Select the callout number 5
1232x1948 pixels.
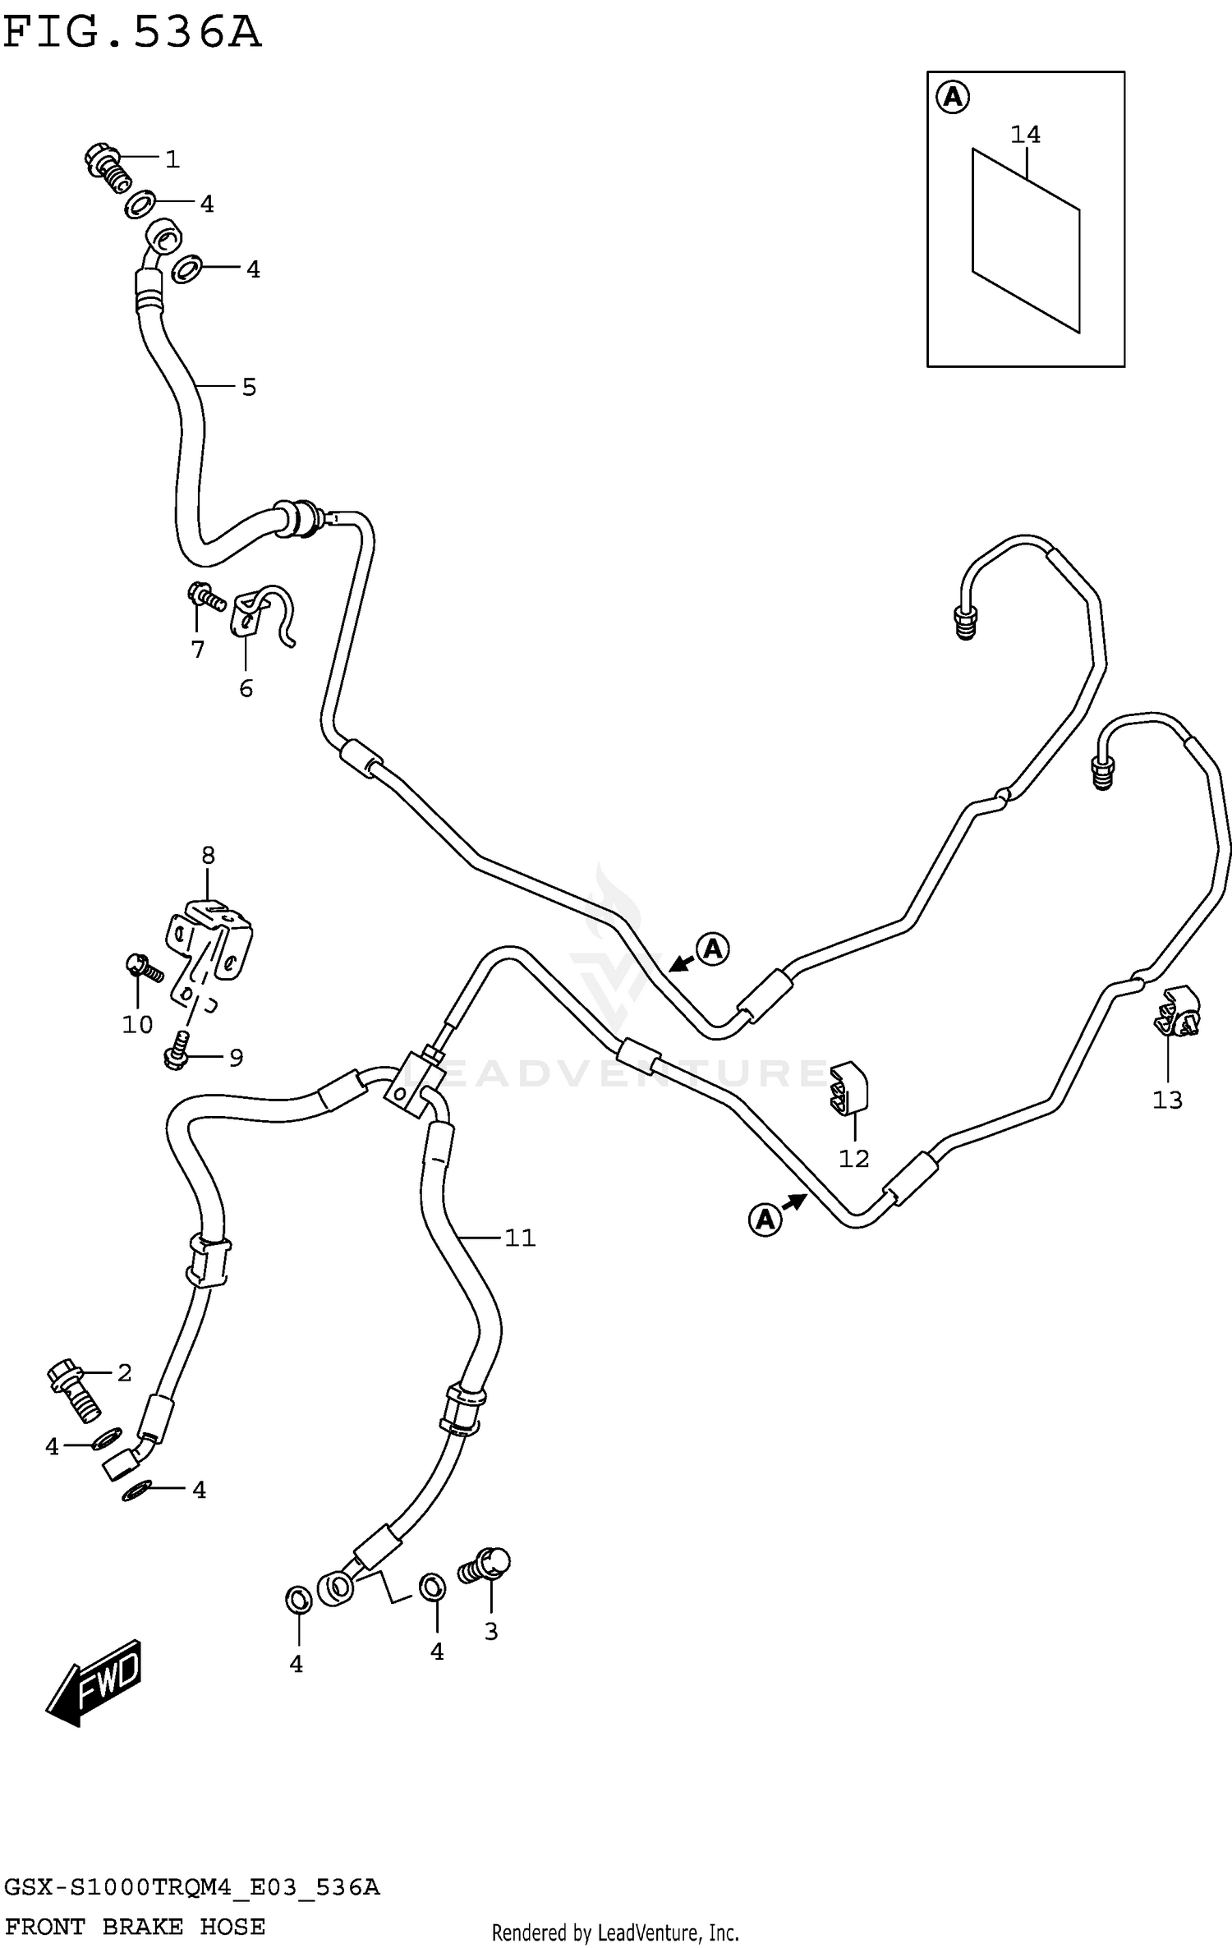249,388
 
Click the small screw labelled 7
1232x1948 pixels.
206,597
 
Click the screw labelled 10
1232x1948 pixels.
143,968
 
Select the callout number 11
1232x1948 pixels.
520,1237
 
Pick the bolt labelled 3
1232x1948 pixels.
487,1564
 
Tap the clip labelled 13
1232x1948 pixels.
1179,1013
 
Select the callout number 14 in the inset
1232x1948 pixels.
1025,134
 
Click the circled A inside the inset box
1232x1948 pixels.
952,98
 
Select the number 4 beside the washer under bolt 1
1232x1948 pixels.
207,204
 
